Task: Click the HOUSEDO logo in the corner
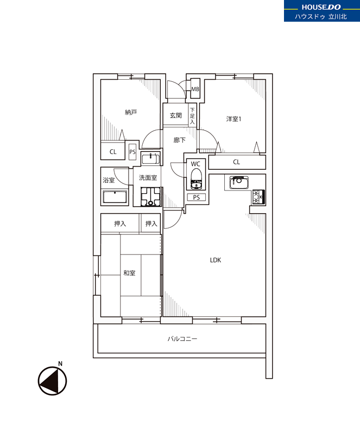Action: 322,11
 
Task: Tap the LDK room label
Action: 216,260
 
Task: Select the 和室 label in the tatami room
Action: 129,273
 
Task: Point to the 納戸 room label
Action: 131,112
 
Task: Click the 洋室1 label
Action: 233,119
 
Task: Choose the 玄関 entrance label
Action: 176,116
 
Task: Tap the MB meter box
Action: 195,89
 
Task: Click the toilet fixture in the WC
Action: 196,179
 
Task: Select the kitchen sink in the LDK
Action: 239,182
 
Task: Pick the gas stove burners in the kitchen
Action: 259,197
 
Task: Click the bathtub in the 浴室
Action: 115,197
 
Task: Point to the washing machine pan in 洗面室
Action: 150,196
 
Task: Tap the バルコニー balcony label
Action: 182,339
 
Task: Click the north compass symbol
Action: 52,381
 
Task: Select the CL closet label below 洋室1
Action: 236,162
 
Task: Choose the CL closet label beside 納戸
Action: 113,152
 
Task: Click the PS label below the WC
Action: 196,197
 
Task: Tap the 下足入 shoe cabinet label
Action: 192,116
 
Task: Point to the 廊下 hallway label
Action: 180,141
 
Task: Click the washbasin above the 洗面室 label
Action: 150,158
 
